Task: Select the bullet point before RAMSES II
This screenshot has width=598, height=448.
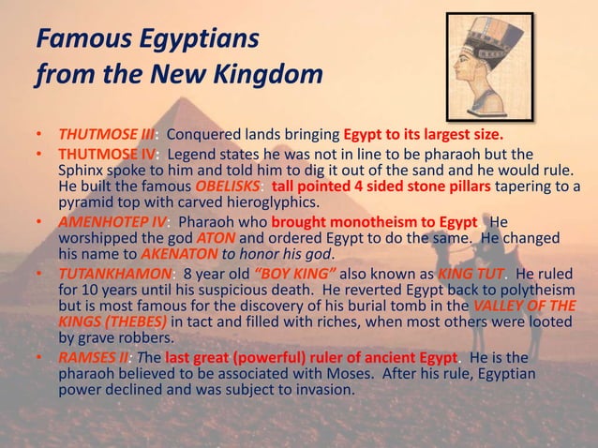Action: coord(40,358)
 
